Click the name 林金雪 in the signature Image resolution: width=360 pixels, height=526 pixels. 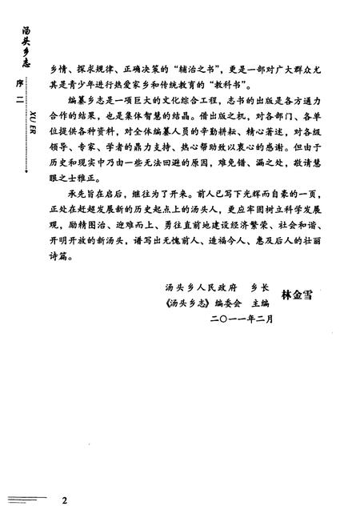[x=295, y=296]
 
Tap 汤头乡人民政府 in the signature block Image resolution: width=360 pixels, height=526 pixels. [x=186, y=287]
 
